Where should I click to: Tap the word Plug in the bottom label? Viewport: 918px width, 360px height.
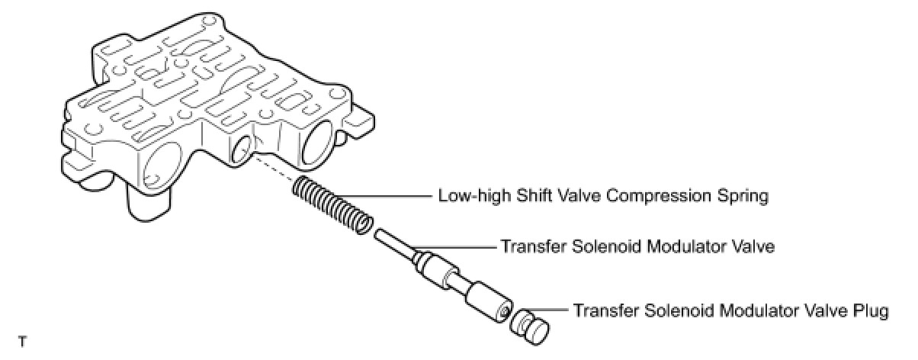868,312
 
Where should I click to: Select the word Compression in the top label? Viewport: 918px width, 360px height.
666,196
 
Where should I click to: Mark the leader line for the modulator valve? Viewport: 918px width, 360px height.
457,247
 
